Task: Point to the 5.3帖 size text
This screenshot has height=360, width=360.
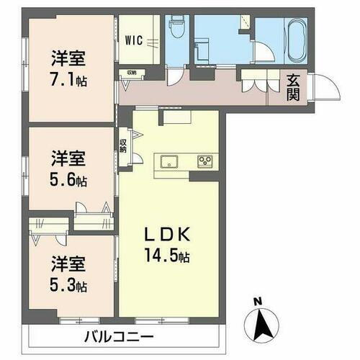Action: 69,286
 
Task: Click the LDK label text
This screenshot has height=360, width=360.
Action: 169,235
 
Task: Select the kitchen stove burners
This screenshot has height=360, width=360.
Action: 206,160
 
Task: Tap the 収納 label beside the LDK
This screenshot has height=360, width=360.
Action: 123,145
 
